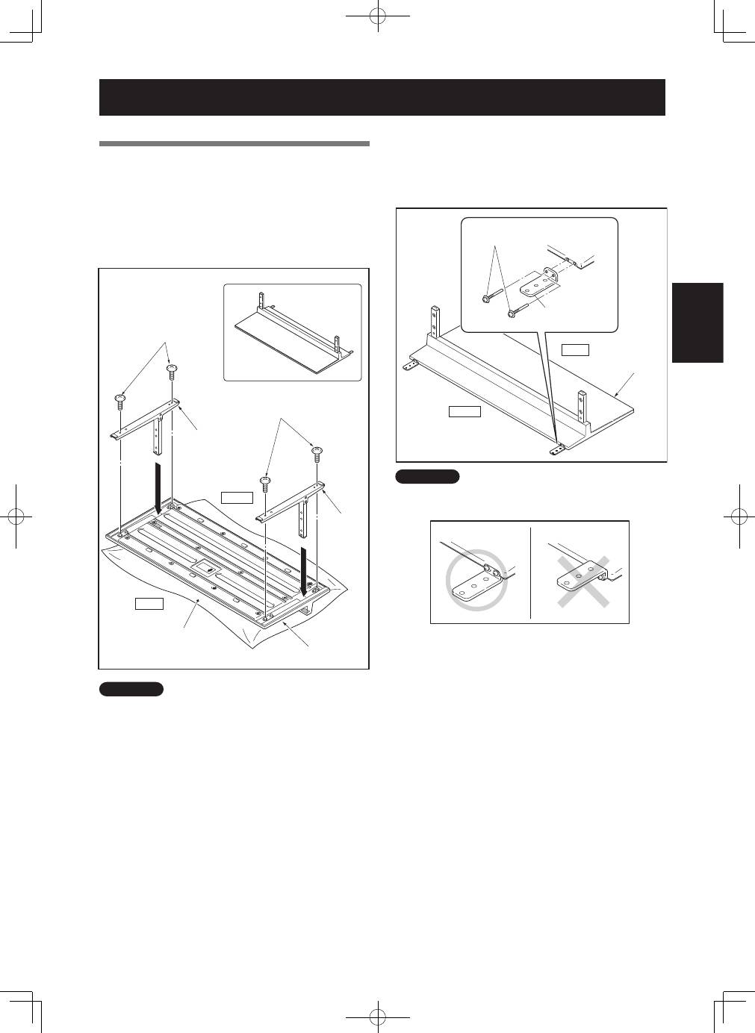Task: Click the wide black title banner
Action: point(382,97)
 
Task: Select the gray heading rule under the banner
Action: point(234,143)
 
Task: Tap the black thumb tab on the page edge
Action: point(697,322)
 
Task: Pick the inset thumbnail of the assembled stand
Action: point(293,332)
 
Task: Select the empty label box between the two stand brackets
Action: point(237,497)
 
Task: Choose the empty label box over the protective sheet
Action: point(149,603)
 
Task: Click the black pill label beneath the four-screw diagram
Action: point(131,689)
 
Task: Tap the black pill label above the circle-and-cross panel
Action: point(427,477)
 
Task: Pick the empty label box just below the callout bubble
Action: point(575,349)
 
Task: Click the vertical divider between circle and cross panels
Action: point(530,572)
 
